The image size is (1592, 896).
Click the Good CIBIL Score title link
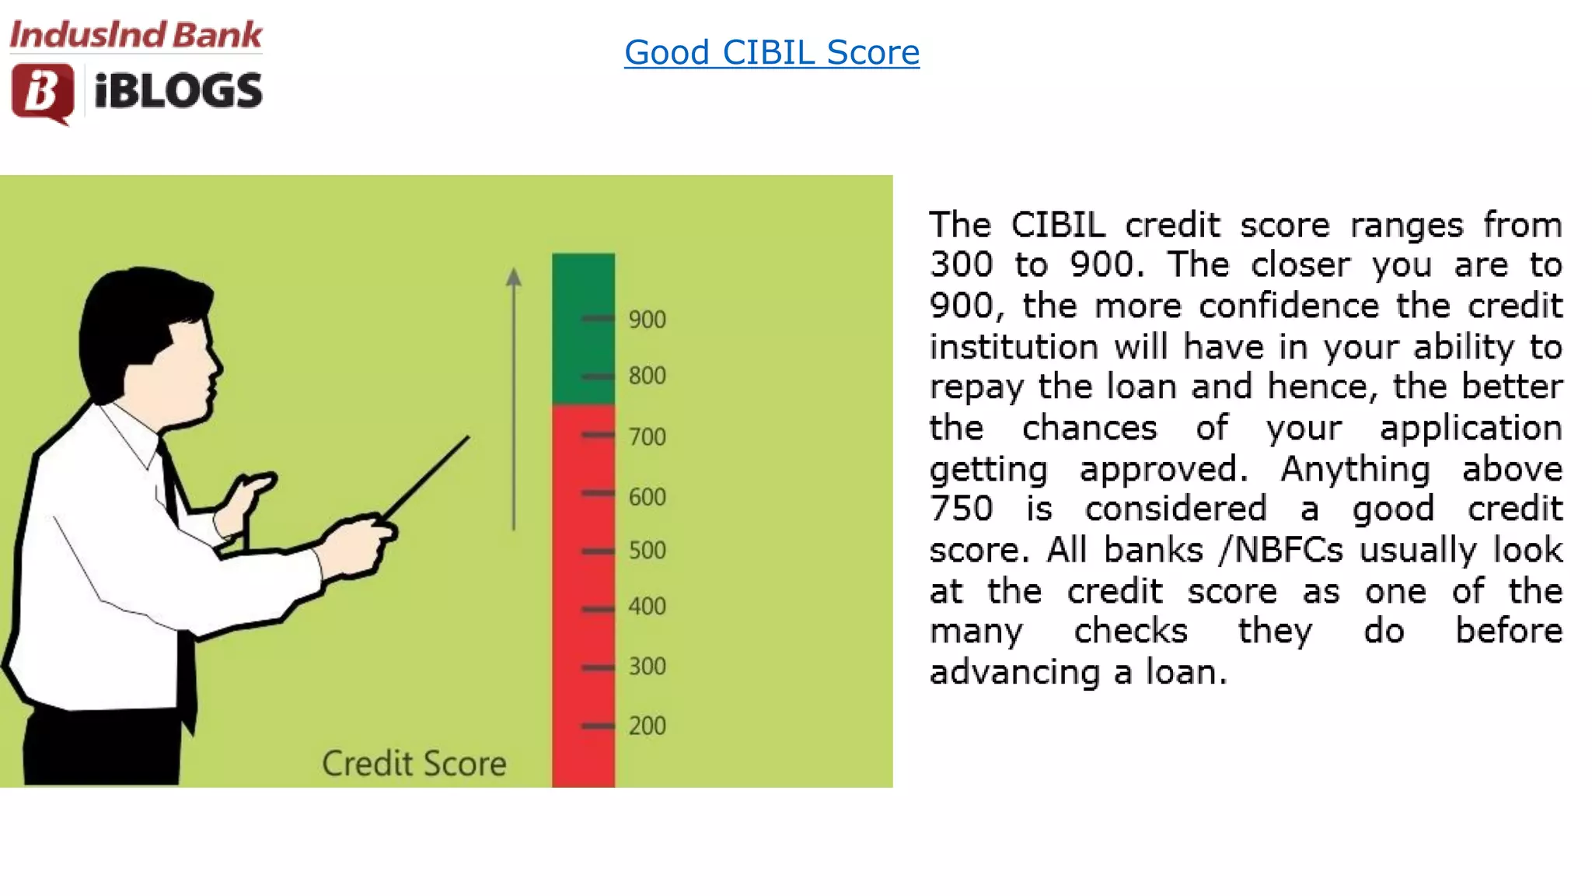tap(771, 53)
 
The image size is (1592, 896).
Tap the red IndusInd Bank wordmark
tap(136, 35)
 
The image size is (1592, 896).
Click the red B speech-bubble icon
tap(43, 93)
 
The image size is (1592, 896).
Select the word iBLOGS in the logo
tap(178, 91)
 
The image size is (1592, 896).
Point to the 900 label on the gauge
tap(647, 320)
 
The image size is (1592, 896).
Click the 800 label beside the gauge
tap(647, 376)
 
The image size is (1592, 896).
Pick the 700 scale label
tap(647, 436)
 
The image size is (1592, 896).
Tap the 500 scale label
tap(647, 551)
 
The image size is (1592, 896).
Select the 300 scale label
tap(647, 667)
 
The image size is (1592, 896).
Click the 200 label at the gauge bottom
tap(647, 726)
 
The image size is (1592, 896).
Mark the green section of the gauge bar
tap(583, 327)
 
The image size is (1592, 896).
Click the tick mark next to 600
tap(598, 493)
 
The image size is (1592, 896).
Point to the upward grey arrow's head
tap(513, 277)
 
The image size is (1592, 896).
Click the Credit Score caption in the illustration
tap(414, 764)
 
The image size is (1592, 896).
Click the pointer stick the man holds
tap(428, 474)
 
